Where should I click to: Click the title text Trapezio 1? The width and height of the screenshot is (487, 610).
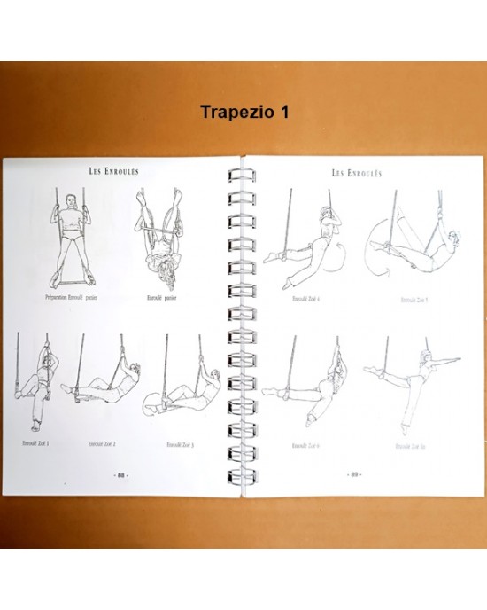tap(243, 114)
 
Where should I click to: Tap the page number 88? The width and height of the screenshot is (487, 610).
tap(120, 473)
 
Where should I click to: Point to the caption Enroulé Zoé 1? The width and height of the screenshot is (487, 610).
tap(36, 442)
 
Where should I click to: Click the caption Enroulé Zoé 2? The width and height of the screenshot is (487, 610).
tap(103, 442)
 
